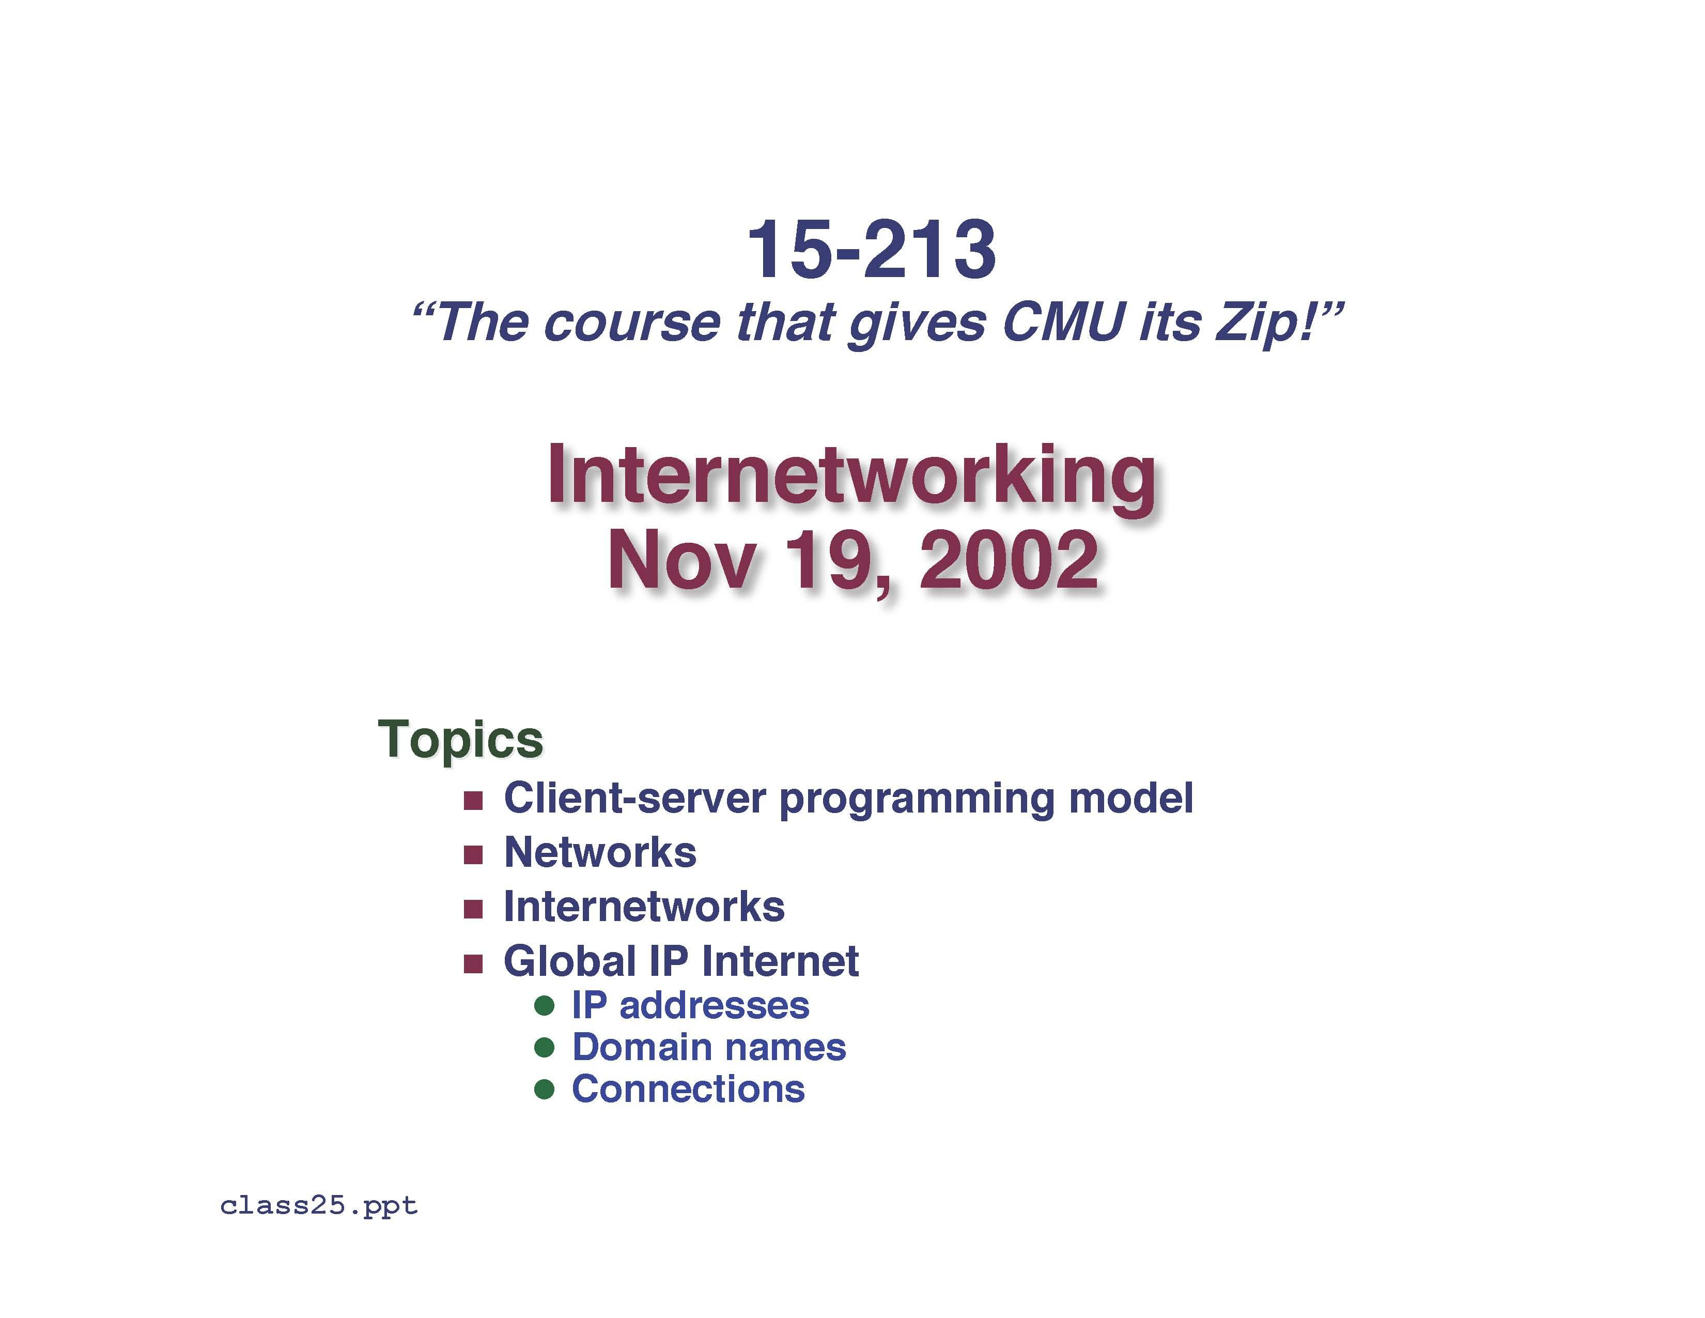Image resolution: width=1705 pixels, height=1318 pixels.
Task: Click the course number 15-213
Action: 871,250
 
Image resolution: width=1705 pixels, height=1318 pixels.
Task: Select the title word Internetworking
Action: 851,477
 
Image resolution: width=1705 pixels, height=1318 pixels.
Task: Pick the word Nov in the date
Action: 681,561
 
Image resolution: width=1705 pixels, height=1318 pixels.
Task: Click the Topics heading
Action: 460,739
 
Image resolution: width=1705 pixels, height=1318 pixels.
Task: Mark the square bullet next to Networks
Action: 473,855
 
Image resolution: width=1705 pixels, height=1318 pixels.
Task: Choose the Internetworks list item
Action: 644,907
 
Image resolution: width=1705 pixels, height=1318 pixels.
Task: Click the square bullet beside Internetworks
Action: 473,910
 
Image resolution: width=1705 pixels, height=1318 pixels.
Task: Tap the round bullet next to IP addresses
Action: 544,1006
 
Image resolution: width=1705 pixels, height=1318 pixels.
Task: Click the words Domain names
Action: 709,1048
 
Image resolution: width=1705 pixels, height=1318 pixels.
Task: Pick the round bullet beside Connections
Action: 544,1089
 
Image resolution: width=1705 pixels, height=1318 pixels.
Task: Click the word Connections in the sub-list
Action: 688,1089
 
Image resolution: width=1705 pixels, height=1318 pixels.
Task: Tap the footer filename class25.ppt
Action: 318,1206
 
